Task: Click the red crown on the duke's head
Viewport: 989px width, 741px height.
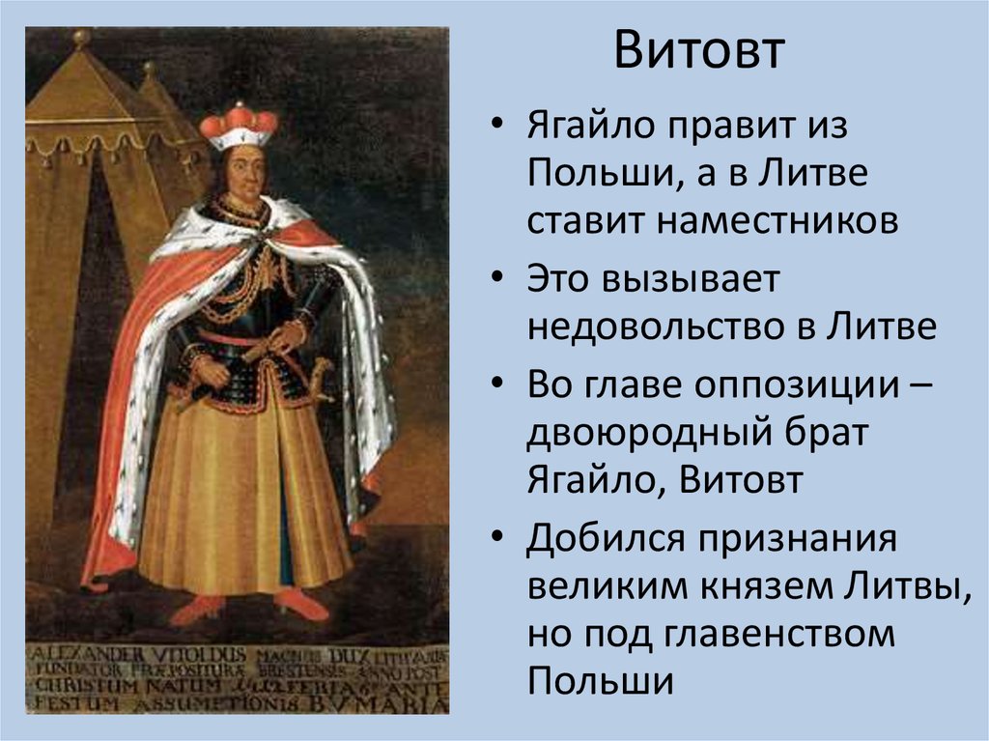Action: point(239,123)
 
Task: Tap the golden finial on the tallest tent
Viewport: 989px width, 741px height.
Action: point(81,39)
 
